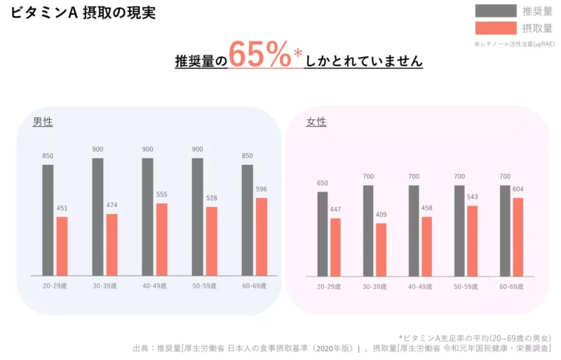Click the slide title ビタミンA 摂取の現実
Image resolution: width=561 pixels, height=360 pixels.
pyautogui.click(x=83, y=13)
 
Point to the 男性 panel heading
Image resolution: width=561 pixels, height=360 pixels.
pyautogui.click(x=43, y=122)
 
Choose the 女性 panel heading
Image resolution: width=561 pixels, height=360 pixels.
pyautogui.click(x=316, y=122)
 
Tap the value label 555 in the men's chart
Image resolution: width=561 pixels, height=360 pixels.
pyautogui.click(x=162, y=194)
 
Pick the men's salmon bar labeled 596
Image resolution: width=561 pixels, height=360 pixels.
pyautogui.click(x=262, y=236)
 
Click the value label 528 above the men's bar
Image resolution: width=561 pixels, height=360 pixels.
pyautogui.click(x=212, y=198)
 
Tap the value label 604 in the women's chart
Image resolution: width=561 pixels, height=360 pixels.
pyautogui.click(x=518, y=189)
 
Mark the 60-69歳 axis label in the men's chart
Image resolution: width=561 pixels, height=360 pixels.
pyautogui.click(x=254, y=286)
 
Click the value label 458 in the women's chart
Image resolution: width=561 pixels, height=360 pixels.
pyautogui.click(x=426, y=208)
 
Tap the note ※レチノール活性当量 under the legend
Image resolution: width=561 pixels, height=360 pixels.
pyautogui.click(x=514, y=44)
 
